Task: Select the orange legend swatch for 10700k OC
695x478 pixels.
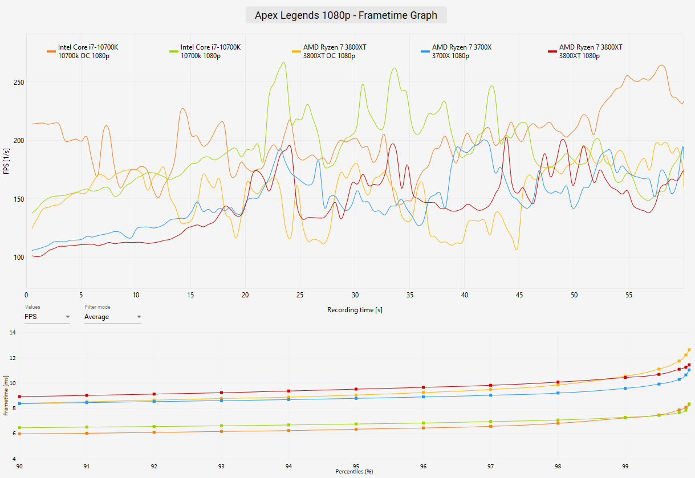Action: [x=51, y=51]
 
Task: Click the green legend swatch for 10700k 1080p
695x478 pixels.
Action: [x=174, y=51]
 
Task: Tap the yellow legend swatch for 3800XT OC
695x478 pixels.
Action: [x=296, y=51]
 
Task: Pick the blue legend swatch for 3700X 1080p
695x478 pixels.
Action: [x=425, y=51]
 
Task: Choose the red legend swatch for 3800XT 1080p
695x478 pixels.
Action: [x=552, y=51]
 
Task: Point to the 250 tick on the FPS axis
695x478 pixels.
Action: [x=19, y=83]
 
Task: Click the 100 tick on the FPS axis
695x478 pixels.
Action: [x=19, y=258]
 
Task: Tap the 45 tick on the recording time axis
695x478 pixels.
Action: [x=519, y=295]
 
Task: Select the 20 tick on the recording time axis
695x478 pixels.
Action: [x=245, y=295]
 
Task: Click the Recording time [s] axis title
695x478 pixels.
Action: [x=355, y=310]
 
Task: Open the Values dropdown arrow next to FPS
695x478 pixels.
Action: [x=68, y=317]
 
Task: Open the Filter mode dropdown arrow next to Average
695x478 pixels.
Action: [x=139, y=317]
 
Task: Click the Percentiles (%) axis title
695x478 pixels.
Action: [x=354, y=472]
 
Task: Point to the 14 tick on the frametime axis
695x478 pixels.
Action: [x=13, y=333]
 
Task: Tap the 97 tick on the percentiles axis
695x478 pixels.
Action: [x=490, y=466]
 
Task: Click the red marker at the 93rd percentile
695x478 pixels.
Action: [x=222, y=393]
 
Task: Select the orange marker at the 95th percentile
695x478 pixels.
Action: [x=356, y=429]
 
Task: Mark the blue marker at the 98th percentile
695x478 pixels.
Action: [x=558, y=393]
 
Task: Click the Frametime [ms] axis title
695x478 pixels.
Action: [x=6, y=395]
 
